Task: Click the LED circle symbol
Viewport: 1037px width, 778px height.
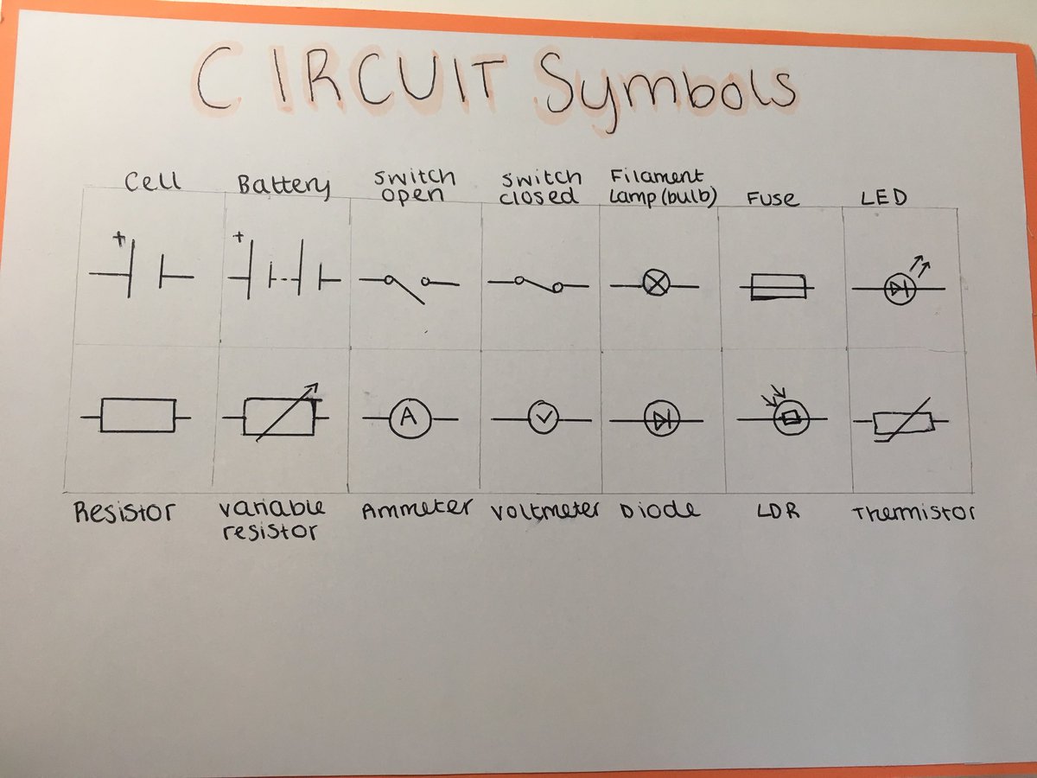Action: (900, 290)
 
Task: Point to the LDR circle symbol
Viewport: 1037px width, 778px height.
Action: (788, 419)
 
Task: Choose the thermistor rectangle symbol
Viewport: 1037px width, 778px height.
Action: (902, 422)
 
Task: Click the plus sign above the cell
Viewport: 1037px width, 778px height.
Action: (118, 239)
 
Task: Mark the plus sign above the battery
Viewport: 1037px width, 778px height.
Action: (239, 235)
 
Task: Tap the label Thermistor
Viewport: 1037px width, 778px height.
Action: (913, 513)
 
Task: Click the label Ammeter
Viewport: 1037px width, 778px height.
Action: (417, 510)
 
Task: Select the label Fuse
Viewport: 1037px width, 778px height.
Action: (772, 199)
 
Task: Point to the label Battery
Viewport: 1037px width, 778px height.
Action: (283, 185)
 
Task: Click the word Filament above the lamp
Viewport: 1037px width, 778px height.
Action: (657, 177)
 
